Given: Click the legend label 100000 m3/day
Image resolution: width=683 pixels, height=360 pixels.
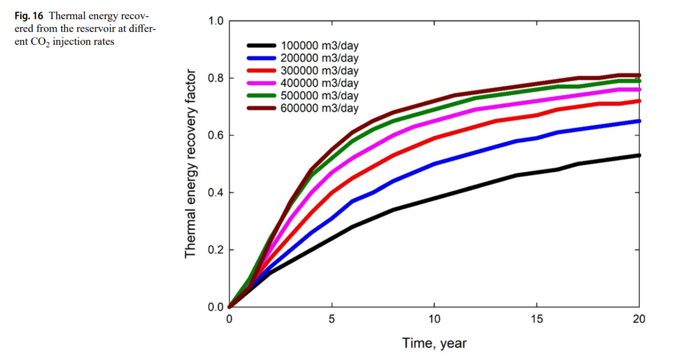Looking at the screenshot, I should coord(319,45).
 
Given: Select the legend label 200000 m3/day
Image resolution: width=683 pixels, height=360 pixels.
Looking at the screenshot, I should coord(319,58).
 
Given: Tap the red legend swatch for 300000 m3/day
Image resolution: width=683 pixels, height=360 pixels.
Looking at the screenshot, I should coord(261,70).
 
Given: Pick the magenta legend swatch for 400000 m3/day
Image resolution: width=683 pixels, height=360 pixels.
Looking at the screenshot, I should coord(261,83).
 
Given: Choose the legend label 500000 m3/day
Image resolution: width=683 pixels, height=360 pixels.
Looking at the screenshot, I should coord(319,95).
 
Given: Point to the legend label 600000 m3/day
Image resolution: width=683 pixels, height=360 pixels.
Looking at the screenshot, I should coord(319,108).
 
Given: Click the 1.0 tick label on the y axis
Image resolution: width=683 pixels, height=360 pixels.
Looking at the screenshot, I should coord(216,21).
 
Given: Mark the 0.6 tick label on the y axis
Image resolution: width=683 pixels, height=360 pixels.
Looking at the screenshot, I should coord(216,135).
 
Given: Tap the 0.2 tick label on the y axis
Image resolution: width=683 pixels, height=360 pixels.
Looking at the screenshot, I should coord(216,250).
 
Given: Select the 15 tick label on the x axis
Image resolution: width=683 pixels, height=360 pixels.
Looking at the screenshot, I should coord(537,319).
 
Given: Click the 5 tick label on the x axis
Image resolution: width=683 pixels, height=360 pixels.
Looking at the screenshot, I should coord(332,319).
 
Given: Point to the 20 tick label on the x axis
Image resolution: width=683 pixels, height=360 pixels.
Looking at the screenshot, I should coord(639,319).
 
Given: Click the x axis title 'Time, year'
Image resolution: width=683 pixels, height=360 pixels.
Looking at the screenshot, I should coord(434,343).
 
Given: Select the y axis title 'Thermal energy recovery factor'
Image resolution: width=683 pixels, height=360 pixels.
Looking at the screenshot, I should coord(190,164).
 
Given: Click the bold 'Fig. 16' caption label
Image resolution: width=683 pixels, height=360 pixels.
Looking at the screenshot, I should coord(29,16).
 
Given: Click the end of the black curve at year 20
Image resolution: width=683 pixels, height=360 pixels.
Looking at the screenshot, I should coord(639,155).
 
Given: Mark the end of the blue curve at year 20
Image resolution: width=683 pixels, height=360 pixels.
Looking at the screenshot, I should coord(639,121).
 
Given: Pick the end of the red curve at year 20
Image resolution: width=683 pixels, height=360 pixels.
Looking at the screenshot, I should coord(639,101).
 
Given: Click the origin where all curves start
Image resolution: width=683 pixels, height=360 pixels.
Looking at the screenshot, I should coord(229,307).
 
